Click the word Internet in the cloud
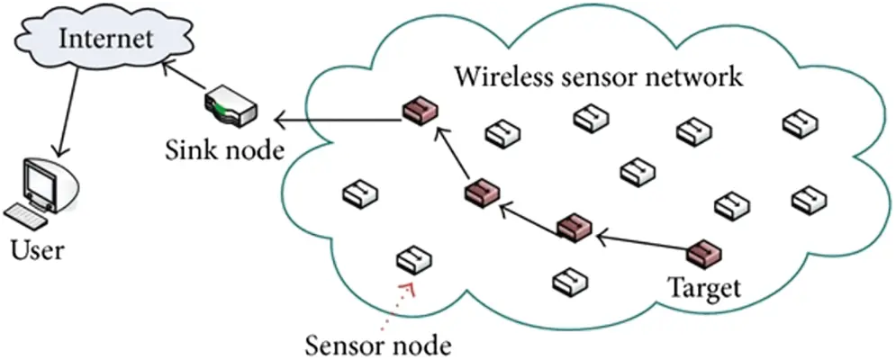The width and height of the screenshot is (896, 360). [103, 39]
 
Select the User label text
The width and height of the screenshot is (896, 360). [37, 249]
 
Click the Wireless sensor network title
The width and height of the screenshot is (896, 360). [598, 76]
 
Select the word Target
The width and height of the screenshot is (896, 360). [703, 289]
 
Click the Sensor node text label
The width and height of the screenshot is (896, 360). [377, 345]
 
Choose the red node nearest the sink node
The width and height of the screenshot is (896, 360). [420, 112]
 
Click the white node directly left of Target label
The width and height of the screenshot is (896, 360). [570, 281]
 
